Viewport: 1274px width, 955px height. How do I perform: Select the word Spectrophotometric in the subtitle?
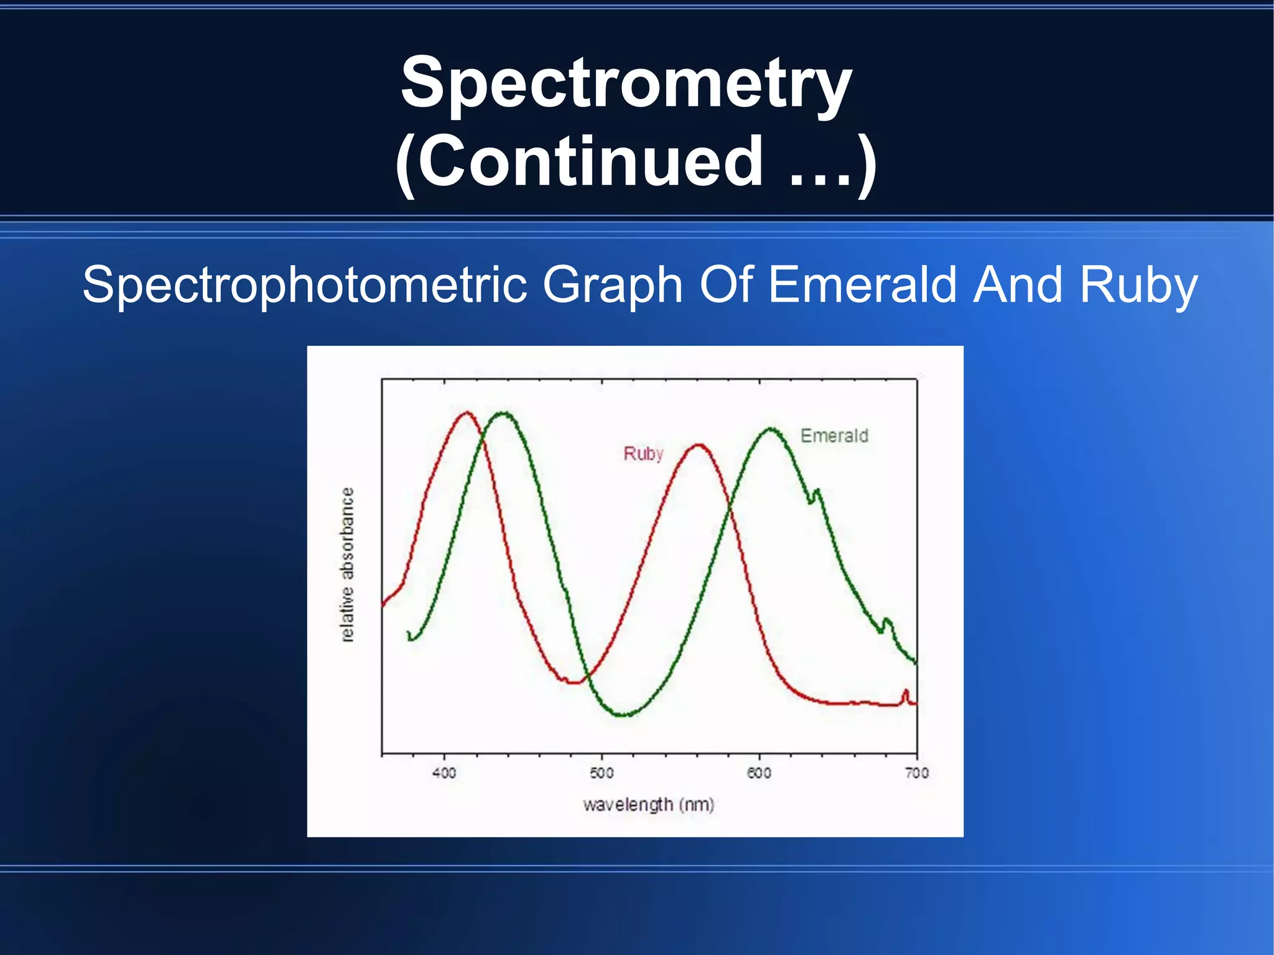click(x=305, y=285)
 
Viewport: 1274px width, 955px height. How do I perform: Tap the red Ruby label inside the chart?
click(x=643, y=454)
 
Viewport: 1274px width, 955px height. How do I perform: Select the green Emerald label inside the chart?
click(x=834, y=436)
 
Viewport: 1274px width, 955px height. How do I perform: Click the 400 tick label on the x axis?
click(x=444, y=773)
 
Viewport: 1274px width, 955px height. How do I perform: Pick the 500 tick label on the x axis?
click(x=602, y=773)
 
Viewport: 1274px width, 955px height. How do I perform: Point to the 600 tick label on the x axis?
click(x=759, y=773)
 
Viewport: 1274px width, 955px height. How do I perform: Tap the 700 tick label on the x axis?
click(x=917, y=773)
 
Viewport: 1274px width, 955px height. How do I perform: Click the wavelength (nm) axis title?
click(x=648, y=804)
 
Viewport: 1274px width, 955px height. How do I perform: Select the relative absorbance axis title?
click(x=348, y=564)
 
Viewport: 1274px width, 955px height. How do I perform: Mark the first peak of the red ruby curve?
click(x=467, y=412)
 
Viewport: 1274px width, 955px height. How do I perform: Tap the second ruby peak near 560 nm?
click(x=699, y=445)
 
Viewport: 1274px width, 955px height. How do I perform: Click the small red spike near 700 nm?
click(x=906, y=692)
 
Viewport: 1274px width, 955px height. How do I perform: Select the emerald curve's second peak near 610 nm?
click(x=771, y=429)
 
